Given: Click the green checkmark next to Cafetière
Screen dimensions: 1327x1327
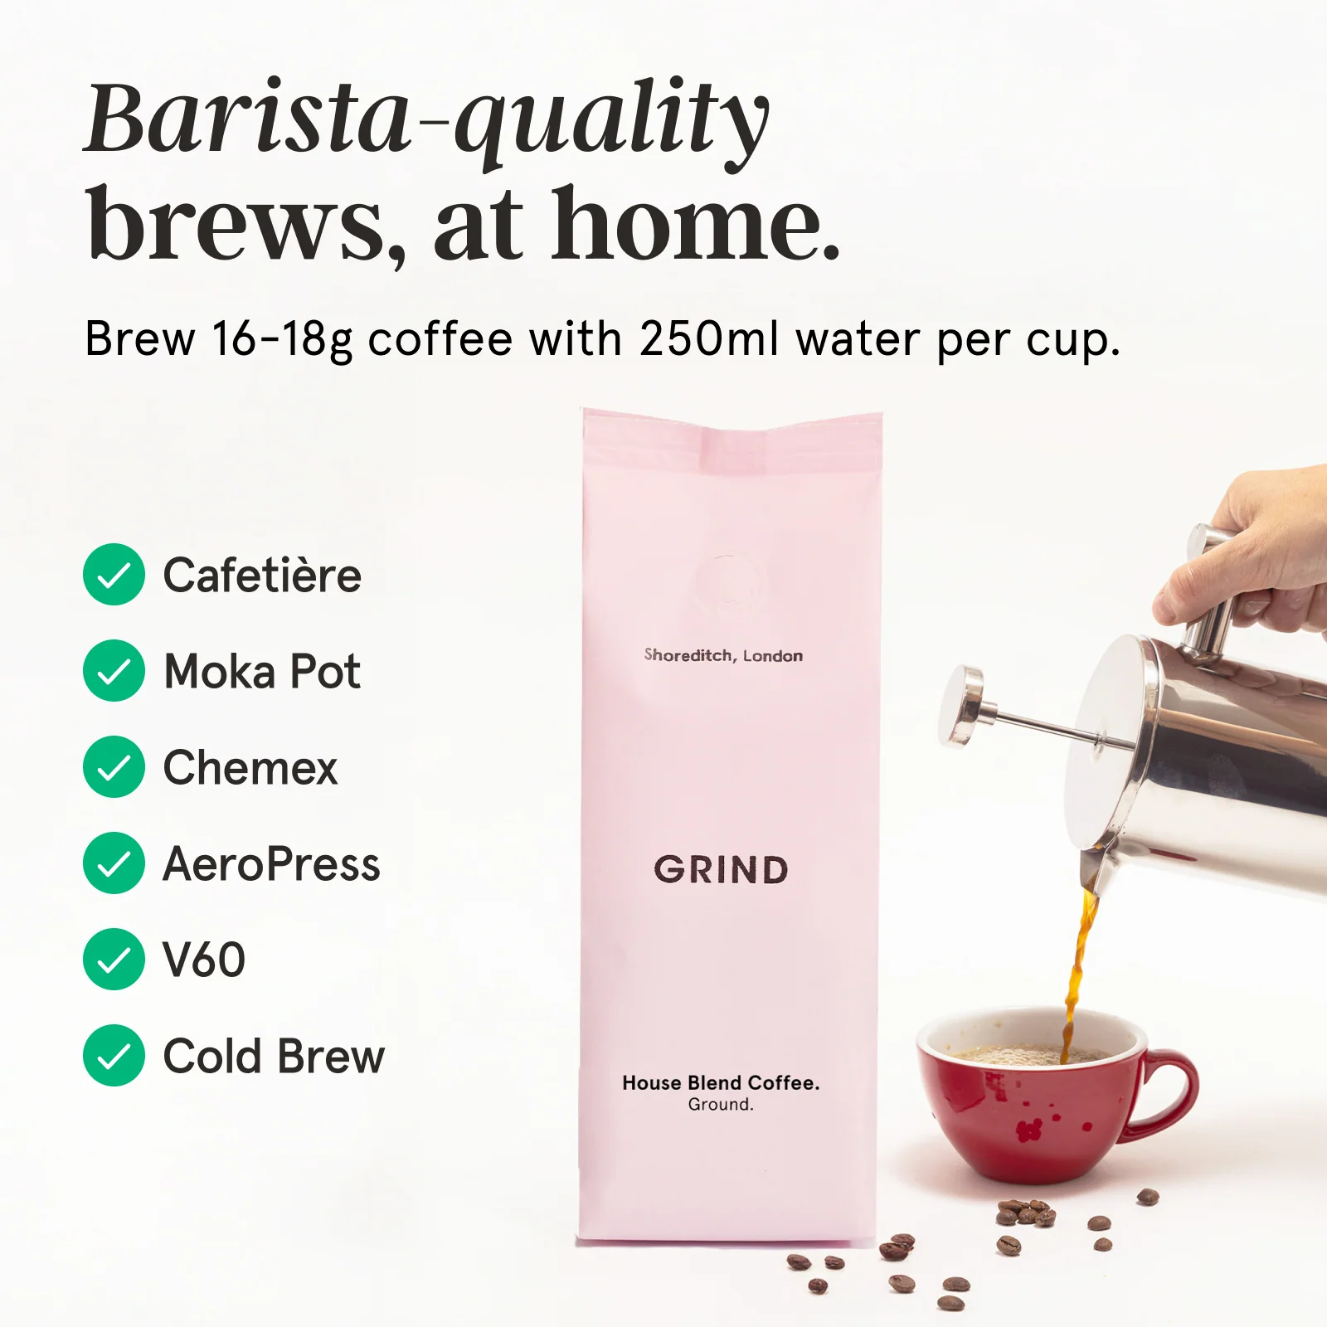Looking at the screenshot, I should (114, 575).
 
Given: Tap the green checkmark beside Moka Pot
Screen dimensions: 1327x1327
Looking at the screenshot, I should (114, 671).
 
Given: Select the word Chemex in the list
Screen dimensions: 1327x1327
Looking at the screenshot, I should (250, 768).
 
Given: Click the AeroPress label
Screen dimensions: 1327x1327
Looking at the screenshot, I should (271, 864).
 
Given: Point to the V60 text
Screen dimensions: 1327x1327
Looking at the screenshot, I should (204, 960).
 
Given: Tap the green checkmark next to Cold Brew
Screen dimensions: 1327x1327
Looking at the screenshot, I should (114, 1056).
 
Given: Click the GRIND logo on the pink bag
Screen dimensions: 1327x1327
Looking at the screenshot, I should (721, 870).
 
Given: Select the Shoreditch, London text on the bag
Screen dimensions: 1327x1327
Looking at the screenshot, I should (723, 656).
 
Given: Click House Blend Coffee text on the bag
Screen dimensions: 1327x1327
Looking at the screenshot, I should (721, 1082).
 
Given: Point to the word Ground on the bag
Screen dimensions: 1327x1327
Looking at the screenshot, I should (721, 1105).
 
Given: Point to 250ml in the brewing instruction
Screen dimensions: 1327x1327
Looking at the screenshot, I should (709, 339).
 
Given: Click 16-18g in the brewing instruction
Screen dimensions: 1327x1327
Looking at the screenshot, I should (282, 339).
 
